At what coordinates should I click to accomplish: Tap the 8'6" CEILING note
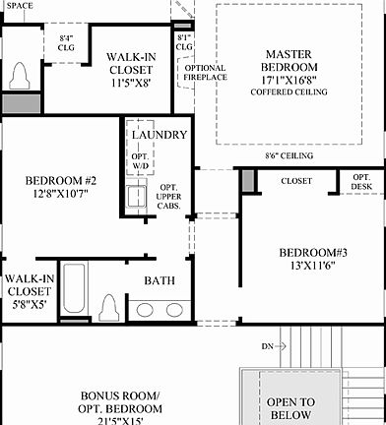[x=289, y=155]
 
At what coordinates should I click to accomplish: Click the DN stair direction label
[x=267, y=346]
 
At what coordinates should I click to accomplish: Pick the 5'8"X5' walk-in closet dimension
[x=28, y=304]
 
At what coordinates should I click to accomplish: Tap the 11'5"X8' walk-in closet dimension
[x=130, y=85]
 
